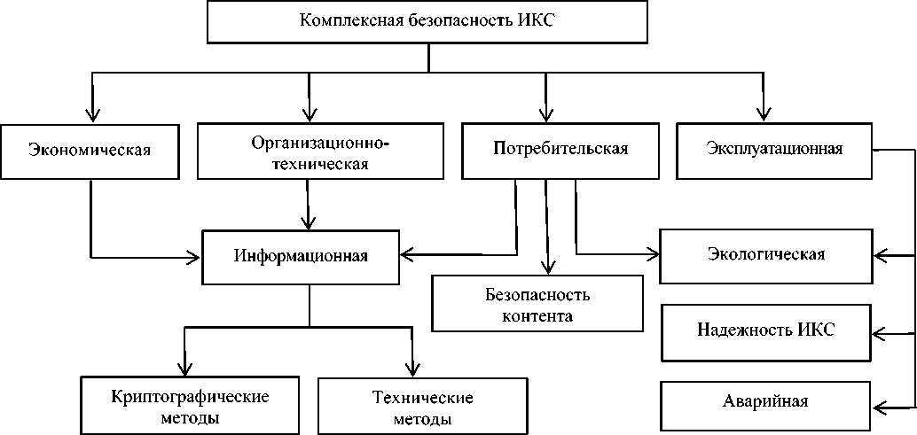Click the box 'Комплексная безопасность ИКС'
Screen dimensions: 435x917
point(427,21)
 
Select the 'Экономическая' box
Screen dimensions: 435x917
point(90,149)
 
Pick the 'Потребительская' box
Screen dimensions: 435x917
point(560,149)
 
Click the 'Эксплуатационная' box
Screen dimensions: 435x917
point(774,148)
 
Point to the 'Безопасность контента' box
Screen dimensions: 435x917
point(537,303)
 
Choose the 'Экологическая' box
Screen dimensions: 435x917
point(766,255)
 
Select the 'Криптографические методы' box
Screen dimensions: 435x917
point(191,406)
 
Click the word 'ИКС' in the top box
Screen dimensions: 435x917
point(535,21)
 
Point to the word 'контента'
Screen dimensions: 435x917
point(537,315)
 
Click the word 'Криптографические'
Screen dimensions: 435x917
point(191,395)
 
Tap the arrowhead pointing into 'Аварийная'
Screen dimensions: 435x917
point(880,408)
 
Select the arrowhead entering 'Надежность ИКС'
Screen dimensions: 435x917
point(880,334)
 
